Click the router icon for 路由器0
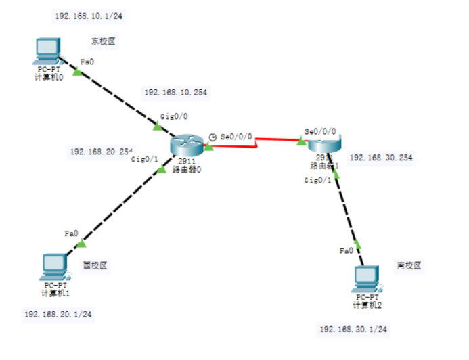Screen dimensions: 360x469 187,144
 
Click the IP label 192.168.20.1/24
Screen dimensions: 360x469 58,314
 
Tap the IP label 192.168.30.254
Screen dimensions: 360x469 380,158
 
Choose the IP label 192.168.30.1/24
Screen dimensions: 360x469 353,329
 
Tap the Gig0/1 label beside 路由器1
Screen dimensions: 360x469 317,180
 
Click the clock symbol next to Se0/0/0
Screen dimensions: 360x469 213,137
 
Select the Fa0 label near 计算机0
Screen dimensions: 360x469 87,62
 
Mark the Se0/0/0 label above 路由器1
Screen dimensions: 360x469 320,131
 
